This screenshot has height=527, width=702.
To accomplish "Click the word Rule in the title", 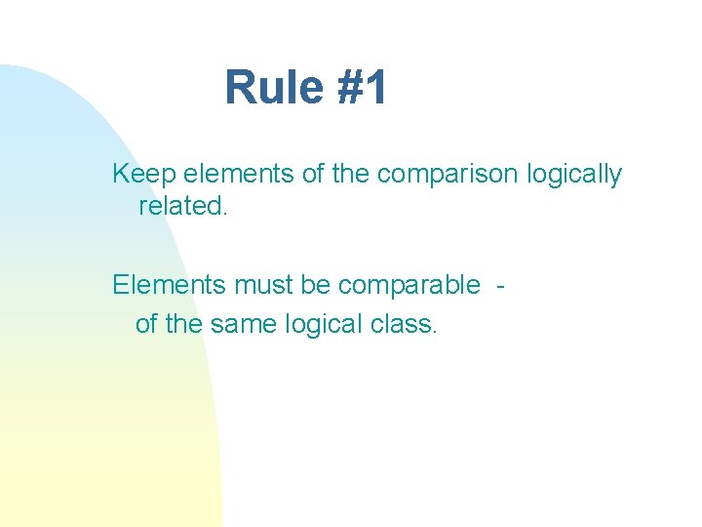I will pyautogui.click(x=267, y=88).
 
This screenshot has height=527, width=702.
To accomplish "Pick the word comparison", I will pyautogui.click(x=448, y=176).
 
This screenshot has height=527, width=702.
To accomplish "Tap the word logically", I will pyautogui.click(x=573, y=176).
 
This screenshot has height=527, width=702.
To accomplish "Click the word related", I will pyautogui.click(x=183, y=206).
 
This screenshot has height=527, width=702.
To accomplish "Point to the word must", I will pyautogui.click(x=256, y=285).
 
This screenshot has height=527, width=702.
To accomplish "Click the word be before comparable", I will pyautogui.click(x=315, y=285).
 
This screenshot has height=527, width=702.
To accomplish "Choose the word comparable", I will pyautogui.click(x=409, y=286).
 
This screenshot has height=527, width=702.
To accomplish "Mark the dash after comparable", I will pyautogui.click(x=500, y=286).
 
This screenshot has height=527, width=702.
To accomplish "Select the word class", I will pyautogui.click(x=405, y=324).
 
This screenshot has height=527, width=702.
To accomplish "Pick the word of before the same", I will pyautogui.click(x=146, y=324).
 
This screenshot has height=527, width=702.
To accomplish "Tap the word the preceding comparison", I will pyautogui.click(x=351, y=175).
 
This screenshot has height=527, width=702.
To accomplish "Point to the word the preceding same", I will pyautogui.click(x=183, y=324).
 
